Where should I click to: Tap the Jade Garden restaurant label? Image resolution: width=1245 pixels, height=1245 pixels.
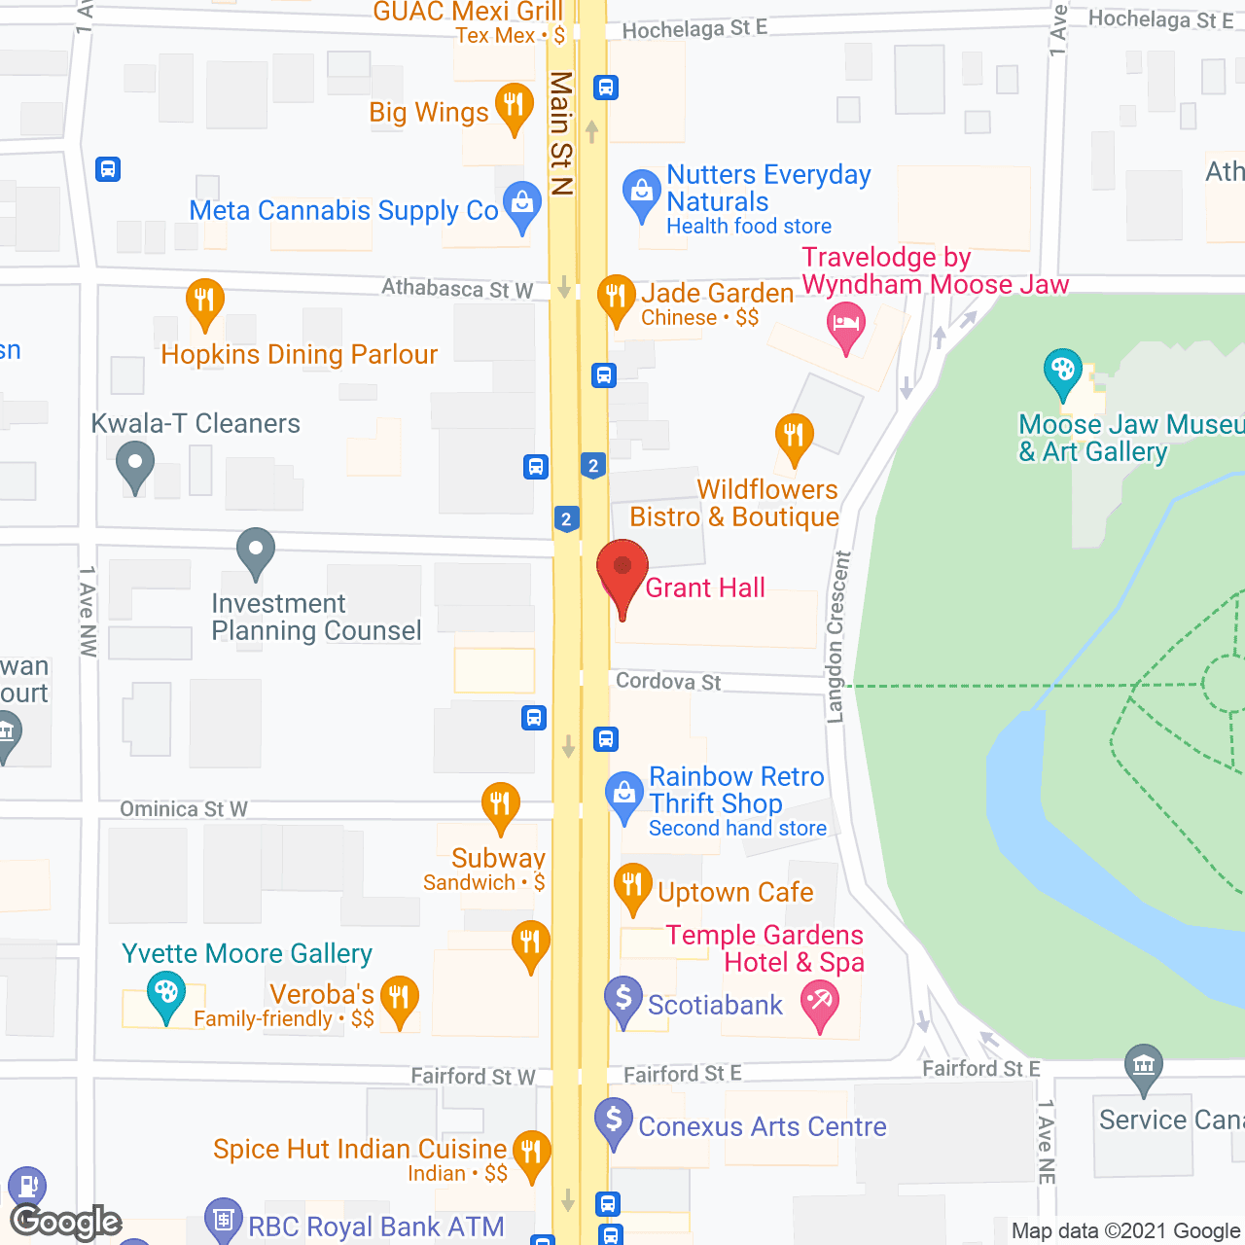pyautogui.click(x=717, y=294)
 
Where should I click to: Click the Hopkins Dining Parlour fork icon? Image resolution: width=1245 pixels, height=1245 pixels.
pyautogui.click(x=204, y=301)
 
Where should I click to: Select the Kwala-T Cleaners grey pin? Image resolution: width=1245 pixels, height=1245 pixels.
pyautogui.click(x=135, y=464)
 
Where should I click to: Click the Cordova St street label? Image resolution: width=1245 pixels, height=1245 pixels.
pyautogui.click(x=668, y=681)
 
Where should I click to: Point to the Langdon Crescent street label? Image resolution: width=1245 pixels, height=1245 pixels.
pyautogui.click(x=836, y=637)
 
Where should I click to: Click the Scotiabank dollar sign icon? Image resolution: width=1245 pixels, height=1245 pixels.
pyautogui.click(x=623, y=999)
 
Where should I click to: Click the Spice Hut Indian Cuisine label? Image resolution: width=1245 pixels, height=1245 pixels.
pyautogui.click(x=360, y=1149)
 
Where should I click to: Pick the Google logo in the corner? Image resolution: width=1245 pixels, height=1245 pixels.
pyautogui.click(x=66, y=1222)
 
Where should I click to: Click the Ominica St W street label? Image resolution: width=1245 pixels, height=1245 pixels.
pyautogui.click(x=184, y=809)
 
